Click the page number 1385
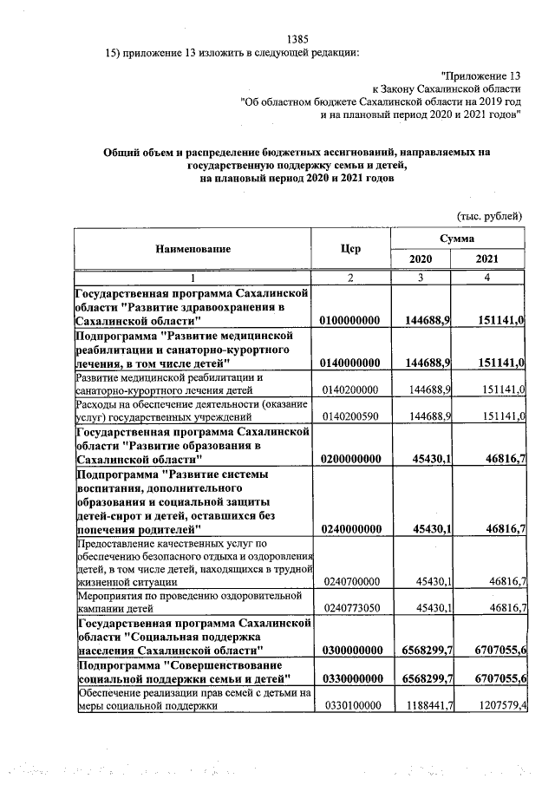pyautogui.click(x=297, y=38)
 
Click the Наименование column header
pyautogui.click(x=193, y=249)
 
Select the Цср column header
pyautogui.click(x=351, y=249)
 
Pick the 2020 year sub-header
pyautogui.click(x=421, y=259)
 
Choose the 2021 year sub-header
pyautogui.click(x=488, y=259)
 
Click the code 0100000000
pyautogui.click(x=350, y=321)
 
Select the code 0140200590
pyautogui.click(x=350, y=416)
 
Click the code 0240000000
pyautogui.click(x=350, y=528)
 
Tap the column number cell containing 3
pyautogui.click(x=421, y=277)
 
